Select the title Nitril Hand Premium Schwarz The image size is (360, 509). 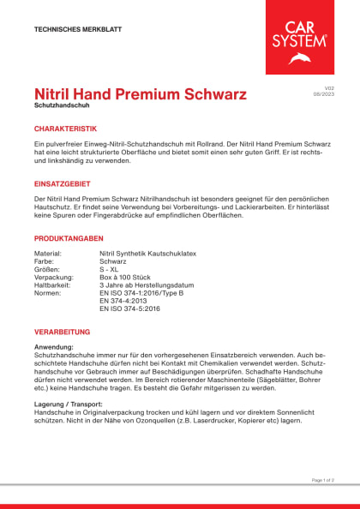(140, 93)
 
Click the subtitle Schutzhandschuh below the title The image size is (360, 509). (62, 106)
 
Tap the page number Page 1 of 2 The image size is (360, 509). (322, 480)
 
